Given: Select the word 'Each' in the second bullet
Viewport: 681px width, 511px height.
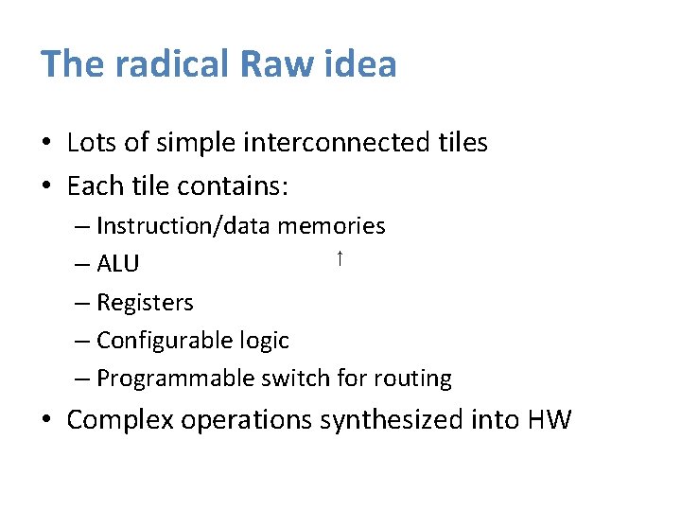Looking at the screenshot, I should pos(92,185).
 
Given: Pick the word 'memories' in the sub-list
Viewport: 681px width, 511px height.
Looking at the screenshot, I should pos(331,226).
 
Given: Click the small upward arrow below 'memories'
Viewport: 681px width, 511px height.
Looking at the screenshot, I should pos(338,258).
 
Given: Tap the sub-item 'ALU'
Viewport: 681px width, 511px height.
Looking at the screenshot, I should pos(117,265).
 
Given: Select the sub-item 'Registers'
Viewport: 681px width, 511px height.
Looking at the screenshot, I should pos(145,303).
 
